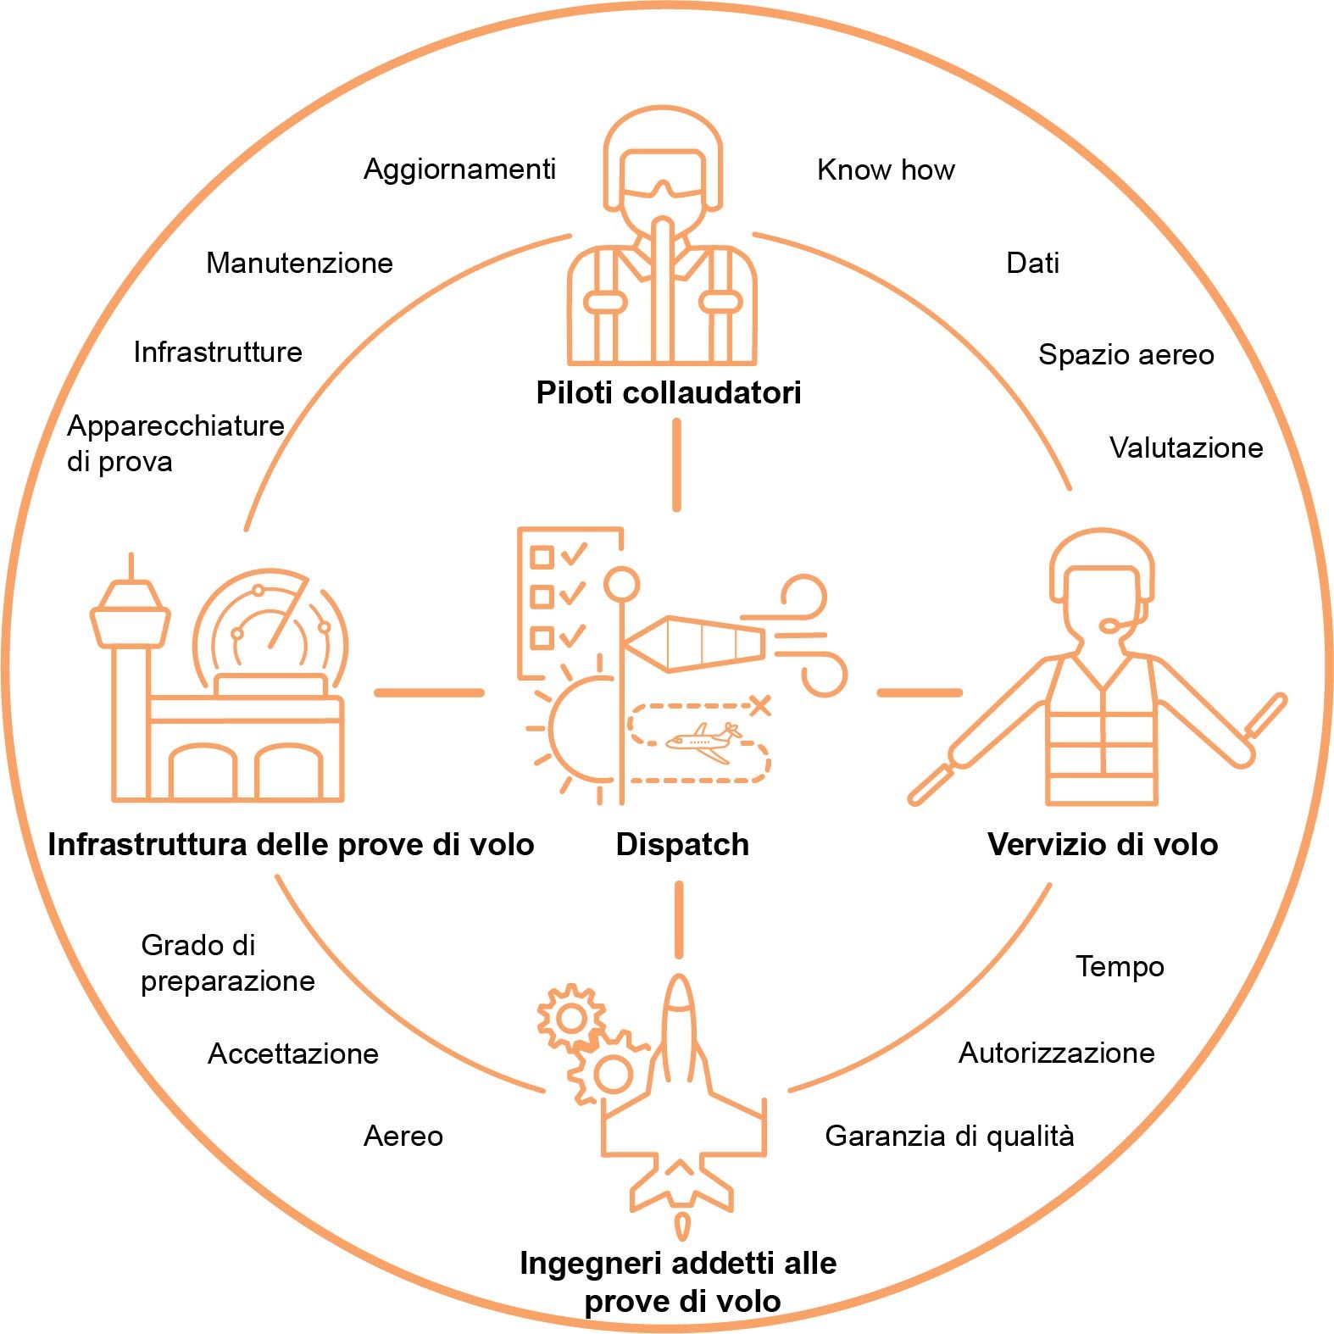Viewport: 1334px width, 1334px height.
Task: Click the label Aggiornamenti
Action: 459,170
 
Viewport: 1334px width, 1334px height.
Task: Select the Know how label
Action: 886,170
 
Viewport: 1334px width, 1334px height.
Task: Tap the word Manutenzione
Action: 299,264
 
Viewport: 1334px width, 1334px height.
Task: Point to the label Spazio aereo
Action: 1126,354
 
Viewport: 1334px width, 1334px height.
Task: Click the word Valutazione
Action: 1186,447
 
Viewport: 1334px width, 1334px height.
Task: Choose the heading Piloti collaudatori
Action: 669,393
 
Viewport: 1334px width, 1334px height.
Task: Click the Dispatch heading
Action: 682,845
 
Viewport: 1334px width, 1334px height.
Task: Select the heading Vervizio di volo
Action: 1103,845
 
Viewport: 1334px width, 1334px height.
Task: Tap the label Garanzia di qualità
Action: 949,1136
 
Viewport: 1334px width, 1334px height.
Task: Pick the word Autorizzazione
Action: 1056,1053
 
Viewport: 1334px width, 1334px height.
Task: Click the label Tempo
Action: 1120,966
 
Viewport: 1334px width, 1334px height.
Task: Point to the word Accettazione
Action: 293,1053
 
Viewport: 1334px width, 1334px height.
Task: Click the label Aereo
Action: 403,1136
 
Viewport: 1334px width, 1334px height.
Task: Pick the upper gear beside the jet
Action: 570,1017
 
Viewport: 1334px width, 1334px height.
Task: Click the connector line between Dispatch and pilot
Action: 676,466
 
